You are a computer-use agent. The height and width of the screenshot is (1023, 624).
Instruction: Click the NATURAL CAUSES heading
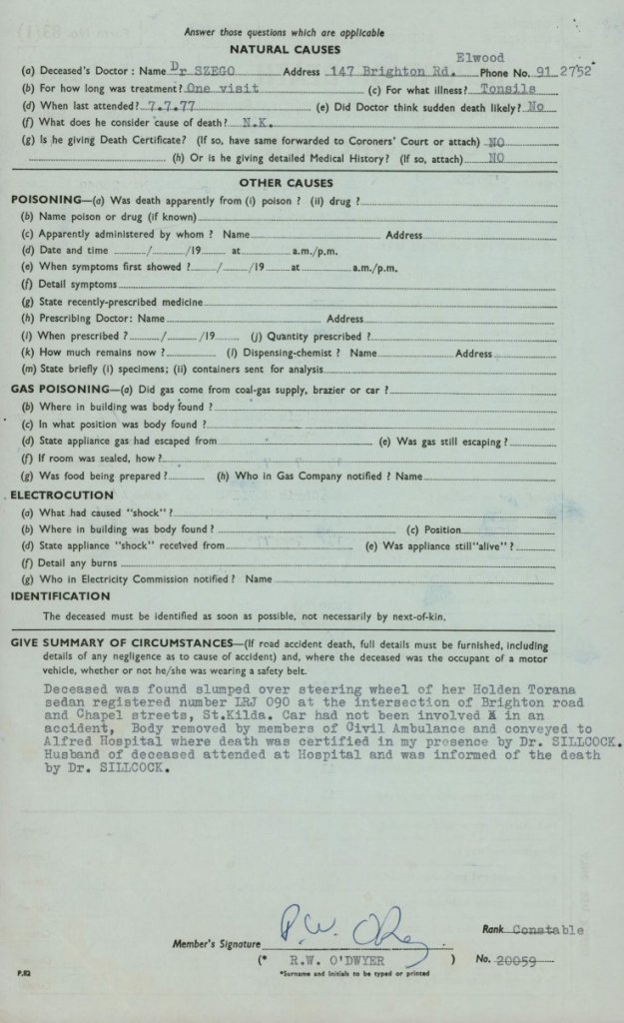tap(285, 49)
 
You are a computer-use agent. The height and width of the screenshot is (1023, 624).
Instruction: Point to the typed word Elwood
tap(479, 58)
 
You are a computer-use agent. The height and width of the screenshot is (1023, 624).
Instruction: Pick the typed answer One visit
tap(222, 89)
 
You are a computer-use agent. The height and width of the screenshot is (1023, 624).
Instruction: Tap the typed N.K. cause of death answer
tap(259, 124)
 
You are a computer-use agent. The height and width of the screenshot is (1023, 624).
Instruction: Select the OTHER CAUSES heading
tap(286, 183)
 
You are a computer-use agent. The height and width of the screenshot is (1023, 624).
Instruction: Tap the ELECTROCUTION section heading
tap(62, 496)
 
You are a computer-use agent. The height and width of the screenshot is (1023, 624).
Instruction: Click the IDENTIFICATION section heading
tap(60, 596)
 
